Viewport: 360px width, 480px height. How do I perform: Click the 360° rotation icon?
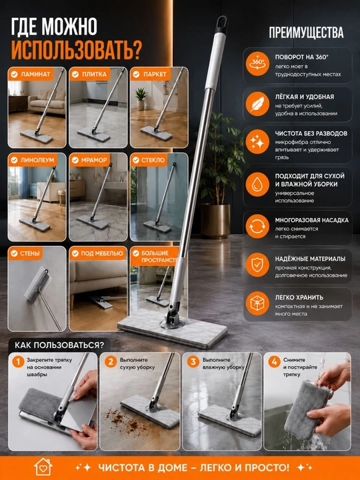pyautogui.click(x=257, y=64)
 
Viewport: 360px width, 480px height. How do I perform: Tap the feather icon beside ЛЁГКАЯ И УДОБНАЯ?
pyautogui.click(x=257, y=104)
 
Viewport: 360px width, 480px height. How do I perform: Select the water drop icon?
pyautogui.click(x=257, y=184)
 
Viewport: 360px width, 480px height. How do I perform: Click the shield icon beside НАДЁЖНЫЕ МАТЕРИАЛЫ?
pyautogui.click(x=257, y=265)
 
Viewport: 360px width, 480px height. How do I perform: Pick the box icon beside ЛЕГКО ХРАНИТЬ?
pyautogui.click(x=257, y=303)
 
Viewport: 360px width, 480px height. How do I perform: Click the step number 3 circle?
pyautogui.click(x=193, y=361)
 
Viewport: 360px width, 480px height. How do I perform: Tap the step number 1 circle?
pyautogui.click(x=19, y=361)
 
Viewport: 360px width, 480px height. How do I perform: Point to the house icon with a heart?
pyautogui.click(x=43, y=467)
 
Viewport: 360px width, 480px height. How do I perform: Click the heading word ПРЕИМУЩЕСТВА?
pyautogui.click(x=306, y=33)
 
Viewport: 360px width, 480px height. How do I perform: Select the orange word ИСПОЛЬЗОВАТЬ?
pyautogui.click(x=76, y=50)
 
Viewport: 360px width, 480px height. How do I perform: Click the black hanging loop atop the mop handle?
pyautogui.click(x=221, y=25)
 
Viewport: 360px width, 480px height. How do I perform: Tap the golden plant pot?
pyautogui.click(x=215, y=221)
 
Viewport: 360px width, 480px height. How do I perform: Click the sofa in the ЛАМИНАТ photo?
pyautogui.click(x=47, y=101)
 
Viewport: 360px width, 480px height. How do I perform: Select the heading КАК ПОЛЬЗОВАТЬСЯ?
pyautogui.click(x=59, y=345)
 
